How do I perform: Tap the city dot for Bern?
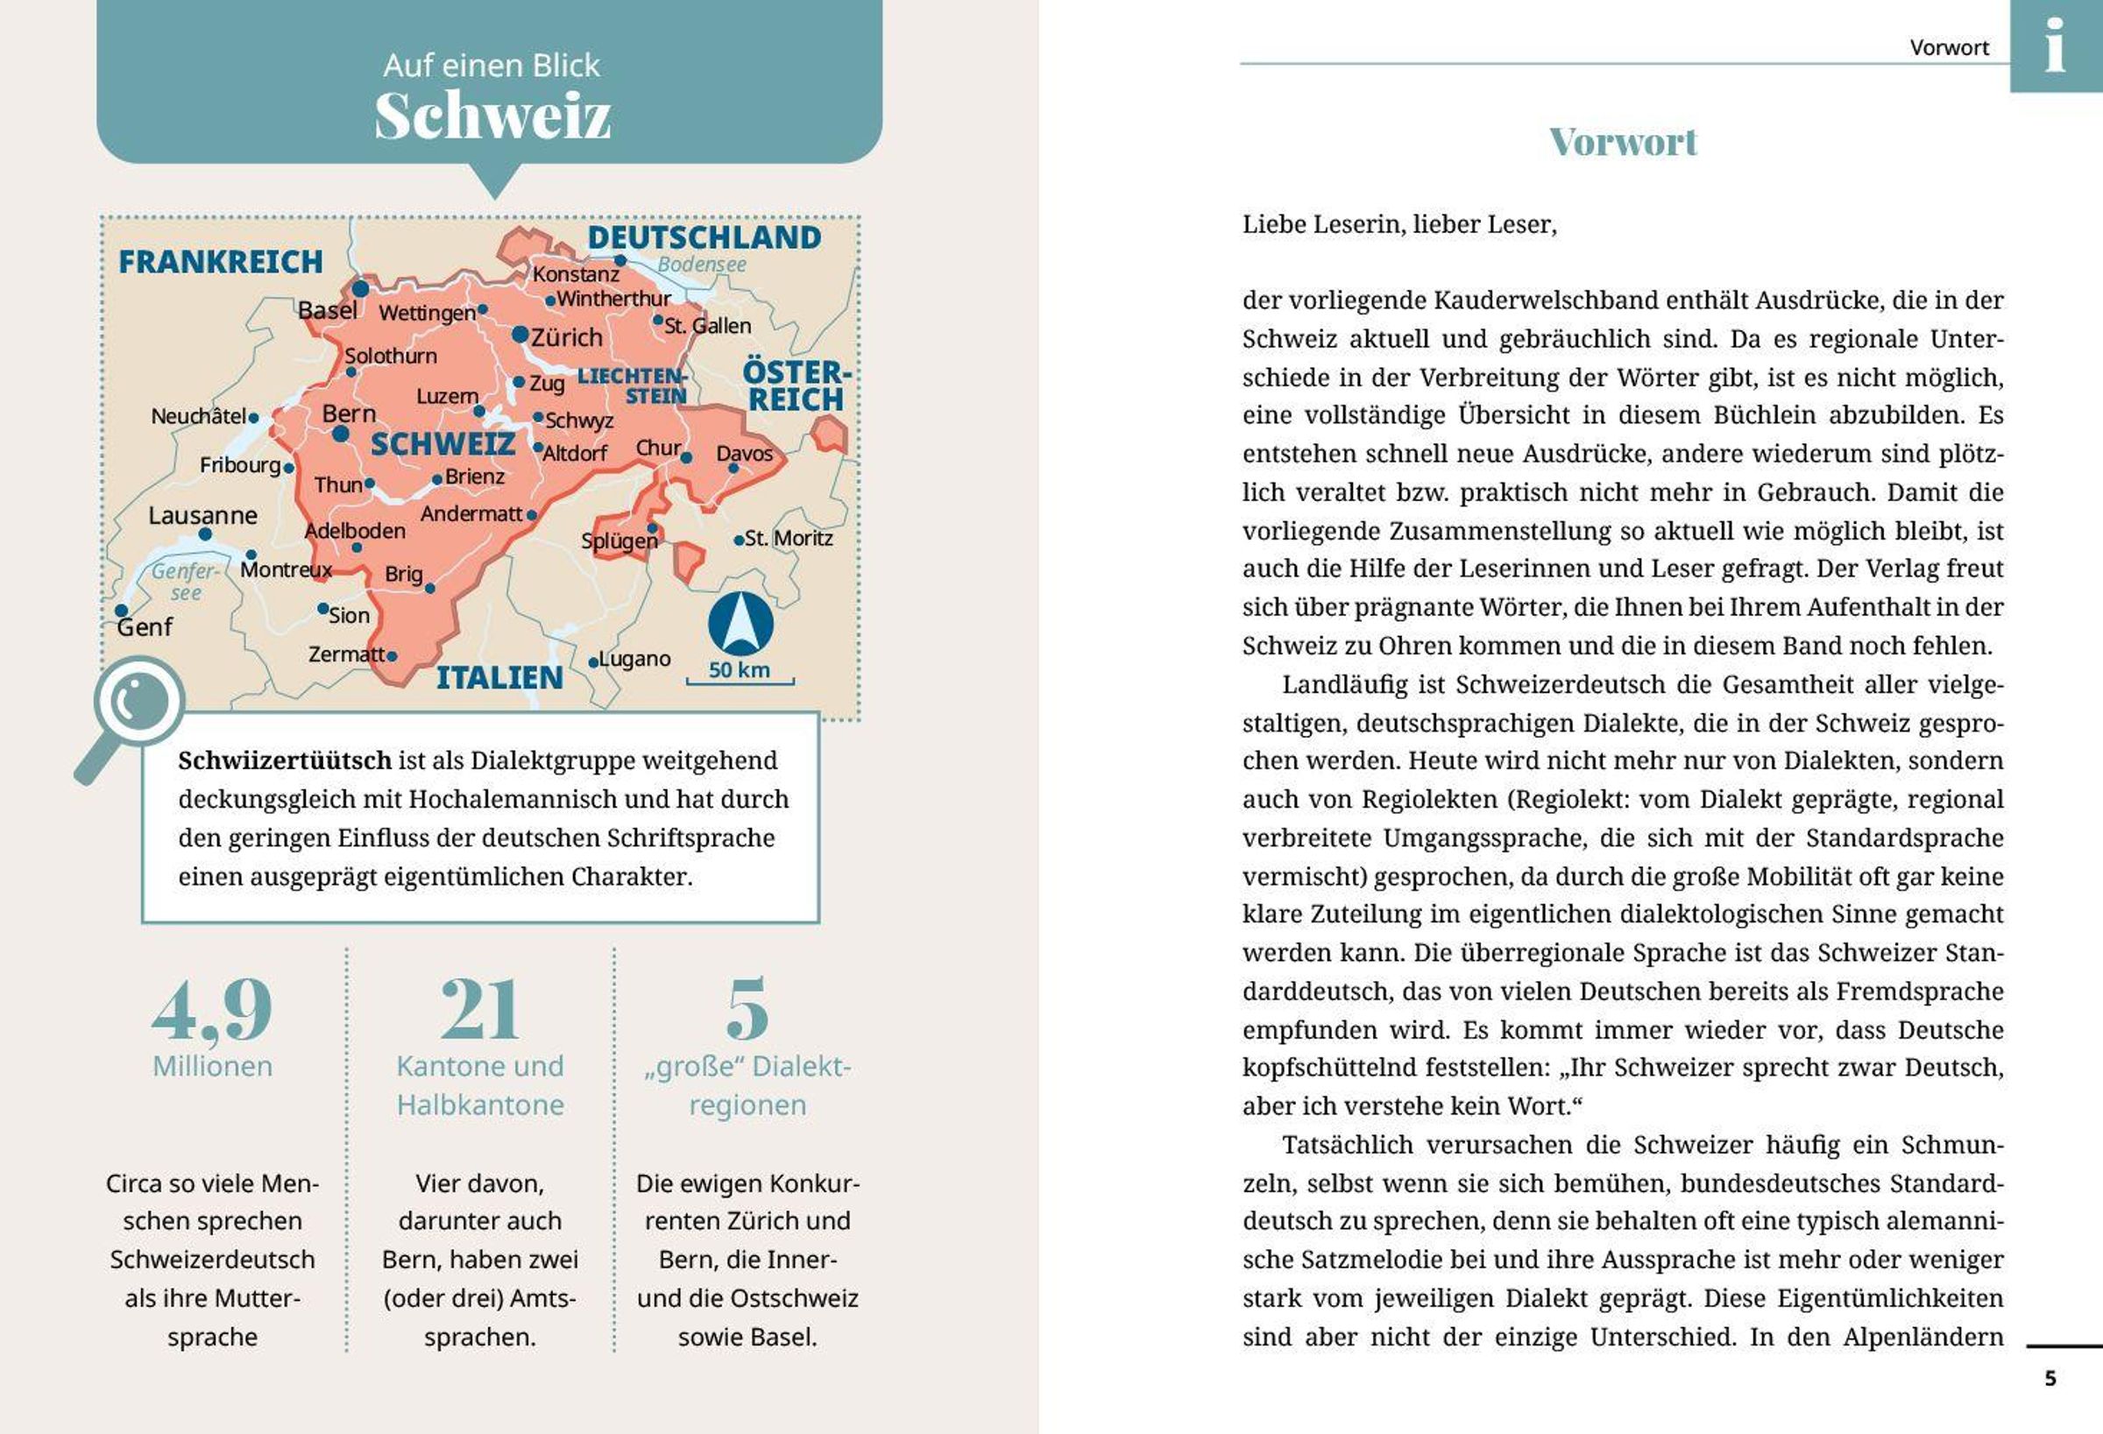tap(340, 434)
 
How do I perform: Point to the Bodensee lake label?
tap(701, 265)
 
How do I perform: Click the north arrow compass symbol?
tap(740, 624)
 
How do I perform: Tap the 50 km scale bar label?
tap(740, 670)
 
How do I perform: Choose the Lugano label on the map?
tap(634, 659)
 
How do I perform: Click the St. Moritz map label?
tap(788, 539)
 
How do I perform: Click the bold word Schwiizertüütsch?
tap(284, 760)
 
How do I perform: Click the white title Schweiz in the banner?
tap(492, 117)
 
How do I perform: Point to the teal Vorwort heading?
tap(1623, 142)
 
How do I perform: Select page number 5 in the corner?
tap(2050, 1378)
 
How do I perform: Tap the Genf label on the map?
tap(145, 626)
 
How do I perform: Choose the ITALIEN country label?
tap(499, 678)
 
